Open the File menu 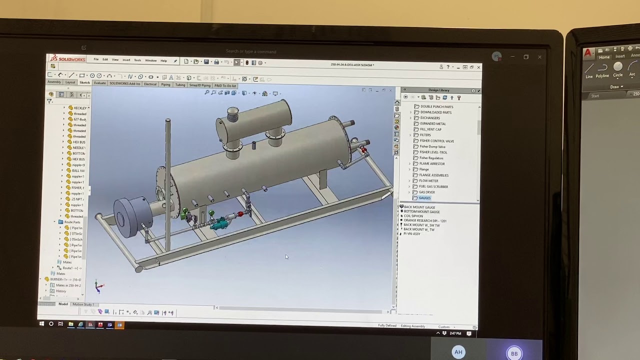(96, 60)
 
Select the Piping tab (165, 84)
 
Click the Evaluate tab (99, 83)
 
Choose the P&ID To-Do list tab (225, 85)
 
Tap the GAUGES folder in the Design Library (424, 198)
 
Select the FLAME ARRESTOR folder (431, 163)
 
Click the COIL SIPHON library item (414, 216)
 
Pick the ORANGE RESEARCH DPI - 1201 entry (424, 220)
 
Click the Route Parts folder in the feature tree (72, 222)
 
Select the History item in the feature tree (60, 291)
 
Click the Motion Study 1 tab (83, 304)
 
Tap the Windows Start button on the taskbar (42, 324)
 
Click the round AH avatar (458, 352)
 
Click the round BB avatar (514, 353)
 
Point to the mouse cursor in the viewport (286, 257)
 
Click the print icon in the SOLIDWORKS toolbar (216, 62)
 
